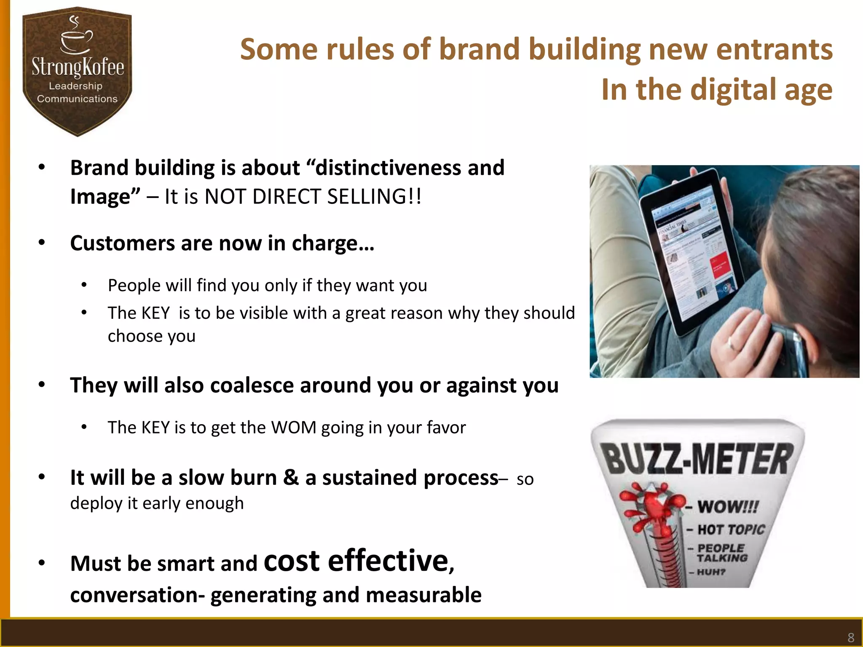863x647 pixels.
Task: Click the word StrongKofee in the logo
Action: pyautogui.click(x=78, y=67)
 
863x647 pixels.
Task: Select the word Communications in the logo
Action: pyautogui.click(x=77, y=99)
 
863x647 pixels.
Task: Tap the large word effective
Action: pyautogui.click(x=388, y=561)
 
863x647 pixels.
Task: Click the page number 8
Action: pyautogui.click(x=851, y=637)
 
